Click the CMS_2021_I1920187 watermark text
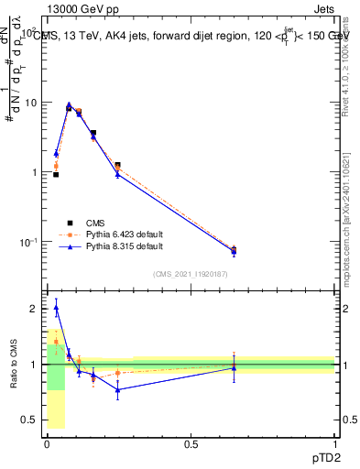[191, 275]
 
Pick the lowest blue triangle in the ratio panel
[117, 389]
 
